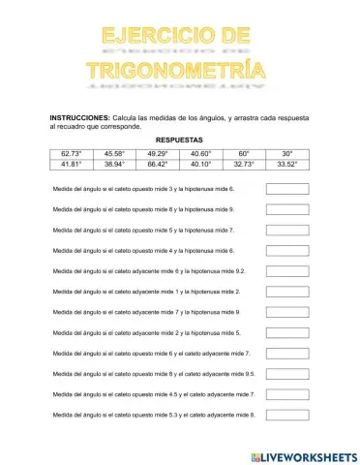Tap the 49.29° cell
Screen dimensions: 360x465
pos(157,153)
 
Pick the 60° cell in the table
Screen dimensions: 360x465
pos(243,153)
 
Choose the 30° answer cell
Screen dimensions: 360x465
pos(286,153)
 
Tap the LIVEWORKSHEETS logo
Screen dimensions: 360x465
pos(303,455)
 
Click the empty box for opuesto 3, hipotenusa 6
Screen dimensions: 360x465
pos(286,189)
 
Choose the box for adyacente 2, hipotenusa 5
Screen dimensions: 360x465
pos(286,332)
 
